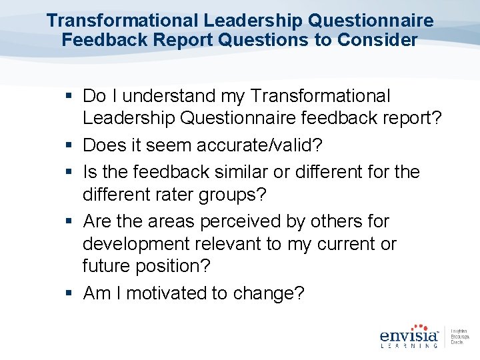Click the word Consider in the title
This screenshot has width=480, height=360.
tap(377, 40)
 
